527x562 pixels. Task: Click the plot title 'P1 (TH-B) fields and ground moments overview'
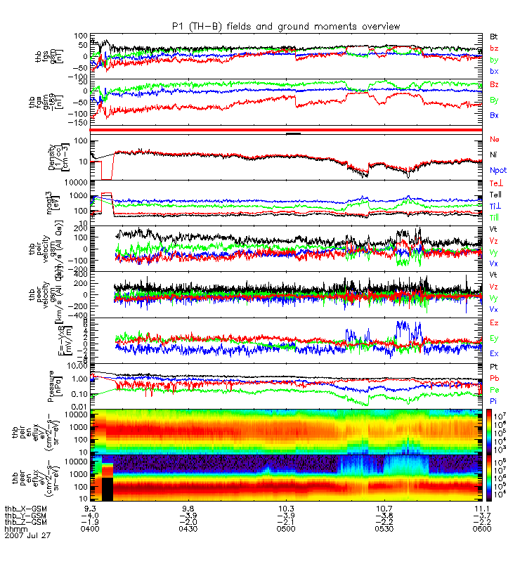(x=286, y=26)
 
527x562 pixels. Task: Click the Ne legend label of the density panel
(x=495, y=140)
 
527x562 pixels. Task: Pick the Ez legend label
(x=494, y=322)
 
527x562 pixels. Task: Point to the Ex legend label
(x=494, y=353)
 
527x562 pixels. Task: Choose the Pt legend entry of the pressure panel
(x=494, y=368)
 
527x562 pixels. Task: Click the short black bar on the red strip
(x=293, y=133)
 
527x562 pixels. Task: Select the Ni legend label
(x=494, y=155)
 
